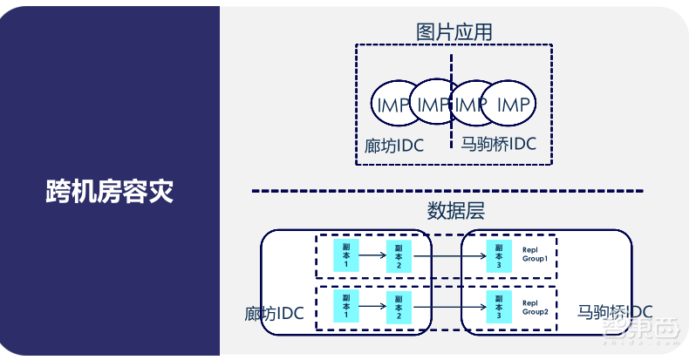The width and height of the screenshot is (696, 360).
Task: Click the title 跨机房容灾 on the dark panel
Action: [109, 192]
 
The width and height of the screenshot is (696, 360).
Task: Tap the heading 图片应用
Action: [454, 32]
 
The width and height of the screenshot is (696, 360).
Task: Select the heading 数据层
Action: [454, 211]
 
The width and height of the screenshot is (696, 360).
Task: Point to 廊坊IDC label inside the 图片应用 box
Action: [394, 145]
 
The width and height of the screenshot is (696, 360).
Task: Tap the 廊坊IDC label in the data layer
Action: [274, 313]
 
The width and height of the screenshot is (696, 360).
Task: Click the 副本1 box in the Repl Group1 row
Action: [346, 255]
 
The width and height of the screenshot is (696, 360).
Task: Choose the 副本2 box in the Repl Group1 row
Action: [399, 255]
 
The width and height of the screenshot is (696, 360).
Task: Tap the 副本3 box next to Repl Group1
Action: [499, 255]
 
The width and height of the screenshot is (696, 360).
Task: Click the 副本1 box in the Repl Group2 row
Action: [346, 306]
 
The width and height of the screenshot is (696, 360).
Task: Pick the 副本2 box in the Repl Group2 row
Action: [399, 306]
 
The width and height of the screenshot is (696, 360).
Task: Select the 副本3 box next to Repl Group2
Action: [499, 306]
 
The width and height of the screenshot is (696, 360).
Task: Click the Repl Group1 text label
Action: [534, 254]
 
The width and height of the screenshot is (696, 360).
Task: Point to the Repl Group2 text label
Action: [534, 306]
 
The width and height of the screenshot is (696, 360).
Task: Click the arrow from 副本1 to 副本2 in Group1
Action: [372, 255]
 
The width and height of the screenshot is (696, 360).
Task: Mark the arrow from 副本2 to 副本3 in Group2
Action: [448, 307]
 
